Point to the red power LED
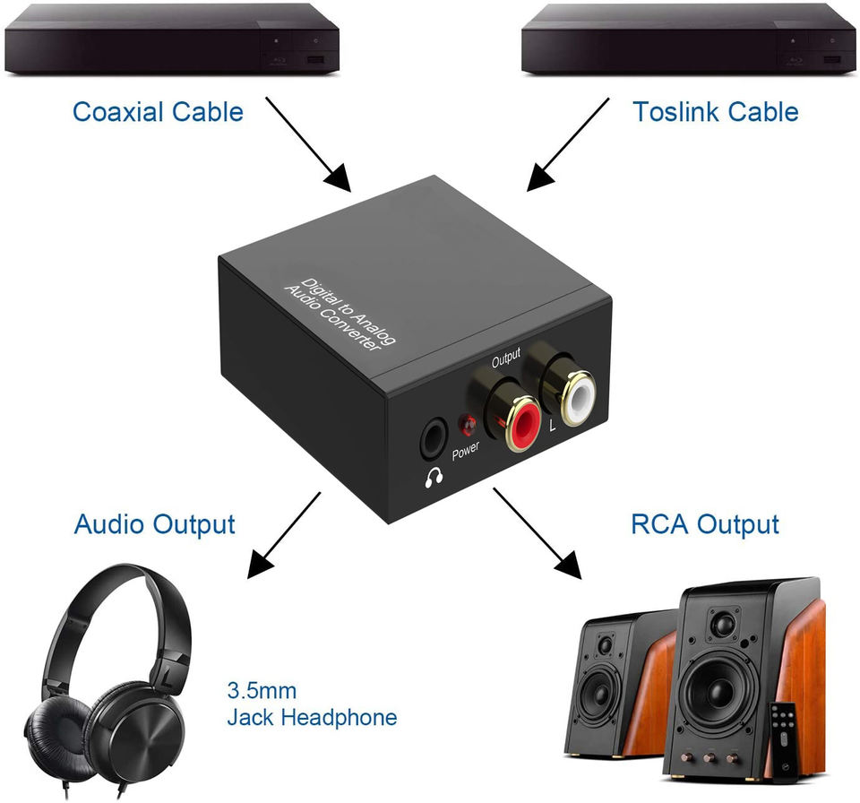tap(469, 425)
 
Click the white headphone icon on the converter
tap(434, 478)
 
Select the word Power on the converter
tap(466, 450)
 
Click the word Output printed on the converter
tap(505, 358)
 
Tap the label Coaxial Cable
tap(158, 111)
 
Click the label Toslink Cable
tap(716, 111)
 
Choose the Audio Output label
tap(155, 524)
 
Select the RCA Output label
tap(705, 524)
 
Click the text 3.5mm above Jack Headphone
tap(262, 690)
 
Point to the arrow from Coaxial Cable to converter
tap(308, 144)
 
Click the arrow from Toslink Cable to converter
tap(568, 145)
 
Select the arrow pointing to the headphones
tap(284, 535)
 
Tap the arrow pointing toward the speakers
tap(537, 533)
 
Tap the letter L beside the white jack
tap(553, 424)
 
